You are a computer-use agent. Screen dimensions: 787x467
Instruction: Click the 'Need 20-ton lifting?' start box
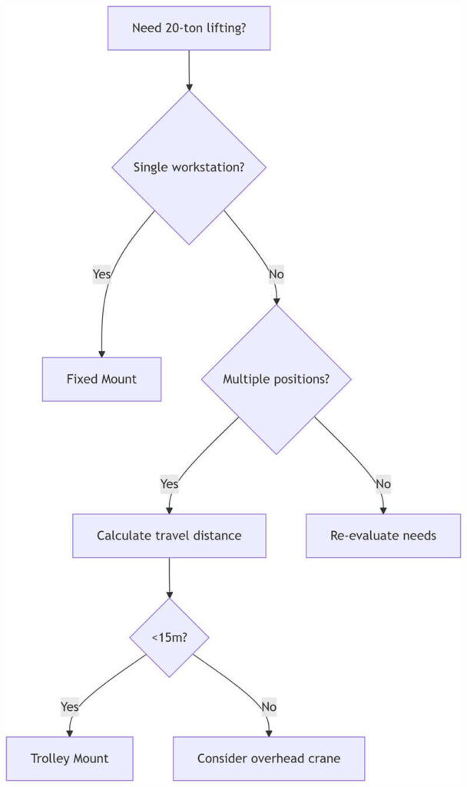(188, 28)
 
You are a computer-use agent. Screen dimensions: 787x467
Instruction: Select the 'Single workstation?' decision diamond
(189, 168)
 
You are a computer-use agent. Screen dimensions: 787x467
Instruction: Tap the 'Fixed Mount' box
(101, 379)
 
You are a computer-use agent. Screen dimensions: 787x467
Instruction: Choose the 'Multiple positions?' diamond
(276, 379)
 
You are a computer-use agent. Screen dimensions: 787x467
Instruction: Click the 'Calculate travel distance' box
(169, 535)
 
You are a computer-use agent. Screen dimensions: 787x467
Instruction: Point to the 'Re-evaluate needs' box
(383, 535)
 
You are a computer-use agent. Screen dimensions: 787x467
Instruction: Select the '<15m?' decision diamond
(169, 637)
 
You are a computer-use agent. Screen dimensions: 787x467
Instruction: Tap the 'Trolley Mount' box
(70, 758)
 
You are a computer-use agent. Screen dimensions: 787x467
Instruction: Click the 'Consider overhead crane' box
(268, 758)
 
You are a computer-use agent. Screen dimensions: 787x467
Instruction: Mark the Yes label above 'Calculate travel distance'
(169, 483)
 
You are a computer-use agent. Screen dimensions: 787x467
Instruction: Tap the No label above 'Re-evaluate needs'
(383, 483)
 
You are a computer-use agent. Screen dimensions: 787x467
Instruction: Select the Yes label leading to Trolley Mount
(70, 706)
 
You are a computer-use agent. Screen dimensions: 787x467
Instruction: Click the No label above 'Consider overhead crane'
(268, 706)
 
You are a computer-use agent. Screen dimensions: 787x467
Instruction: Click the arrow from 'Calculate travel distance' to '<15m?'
(169, 577)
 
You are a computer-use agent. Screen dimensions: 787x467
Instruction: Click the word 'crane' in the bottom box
(323, 758)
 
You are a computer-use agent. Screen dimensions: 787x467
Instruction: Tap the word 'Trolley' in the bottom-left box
(51, 758)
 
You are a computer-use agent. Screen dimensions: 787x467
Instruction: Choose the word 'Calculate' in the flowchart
(123, 535)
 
